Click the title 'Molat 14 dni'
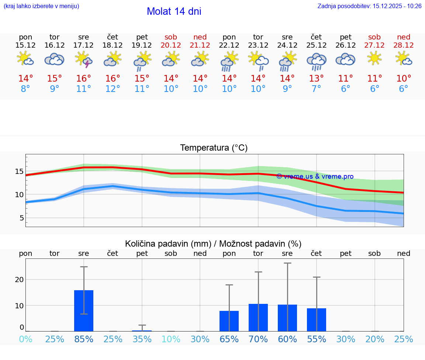point(174,11)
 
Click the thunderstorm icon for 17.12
point(84,59)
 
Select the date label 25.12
point(316,45)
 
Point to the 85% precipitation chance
point(84,339)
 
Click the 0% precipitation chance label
point(25,339)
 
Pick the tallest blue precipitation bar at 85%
point(84,311)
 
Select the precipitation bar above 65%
point(229,321)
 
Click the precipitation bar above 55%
point(317,320)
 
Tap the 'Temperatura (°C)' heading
point(214,148)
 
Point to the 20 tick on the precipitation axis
point(19,280)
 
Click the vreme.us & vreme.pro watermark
point(315,176)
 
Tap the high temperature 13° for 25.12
point(316,79)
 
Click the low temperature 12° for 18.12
point(113,89)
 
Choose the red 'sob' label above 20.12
point(171,37)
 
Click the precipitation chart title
point(213,244)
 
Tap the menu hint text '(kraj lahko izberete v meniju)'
point(41,6)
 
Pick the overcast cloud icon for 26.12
point(345,59)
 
